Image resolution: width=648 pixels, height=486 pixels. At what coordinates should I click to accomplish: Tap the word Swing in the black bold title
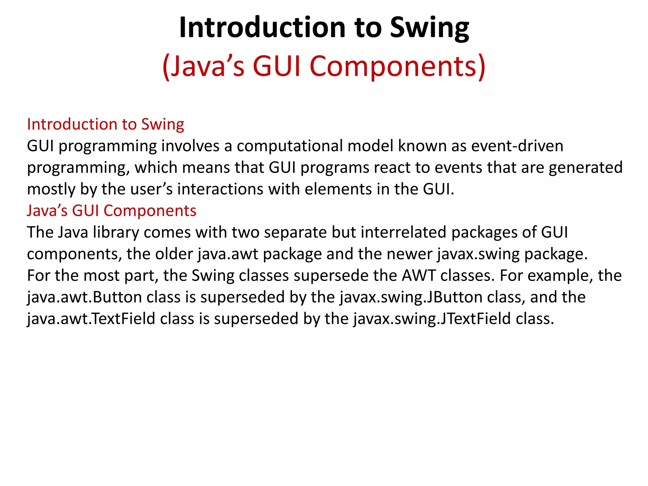[429, 28]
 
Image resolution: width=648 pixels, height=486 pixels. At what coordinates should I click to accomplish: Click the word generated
[585, 168]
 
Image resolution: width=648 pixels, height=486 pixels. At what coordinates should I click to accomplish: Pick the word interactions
[220, 189]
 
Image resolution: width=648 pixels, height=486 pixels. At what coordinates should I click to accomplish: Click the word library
[116, 233]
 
